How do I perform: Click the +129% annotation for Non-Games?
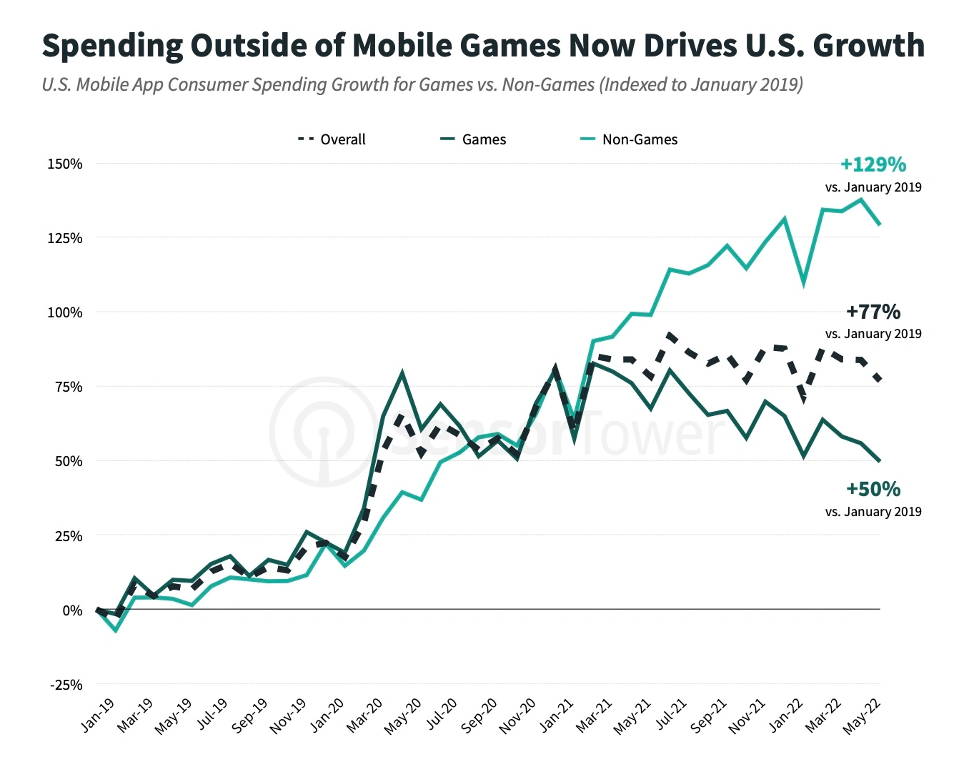[873, 165]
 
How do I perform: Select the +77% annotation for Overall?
[873, 312]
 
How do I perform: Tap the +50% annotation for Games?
[873, 490]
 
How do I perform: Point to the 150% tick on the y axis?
[65, 164]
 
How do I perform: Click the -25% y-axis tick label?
[66, 685]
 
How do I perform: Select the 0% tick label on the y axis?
[72, 610]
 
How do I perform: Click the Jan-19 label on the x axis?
[98, 714]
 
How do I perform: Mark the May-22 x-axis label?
[862, 716]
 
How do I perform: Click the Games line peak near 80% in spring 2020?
[402, 372]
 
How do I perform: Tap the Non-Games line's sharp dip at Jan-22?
[804, 282]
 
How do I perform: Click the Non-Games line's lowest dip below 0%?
[116, 630]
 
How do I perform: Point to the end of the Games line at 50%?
[879, 461]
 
